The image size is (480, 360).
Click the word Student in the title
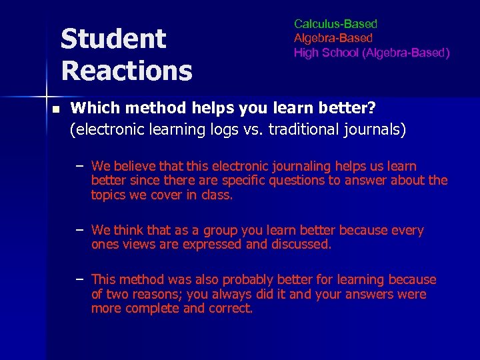[x=113, y=39]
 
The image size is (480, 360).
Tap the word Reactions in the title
[x=126, y=69]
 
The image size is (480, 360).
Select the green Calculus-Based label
[x=335, y=24]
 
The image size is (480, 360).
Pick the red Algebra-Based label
[x=333, y=38]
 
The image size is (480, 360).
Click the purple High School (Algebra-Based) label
[x=372, y=52]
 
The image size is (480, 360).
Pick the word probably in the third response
[x=247, y=279]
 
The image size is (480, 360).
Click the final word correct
[x=231, y=308]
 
